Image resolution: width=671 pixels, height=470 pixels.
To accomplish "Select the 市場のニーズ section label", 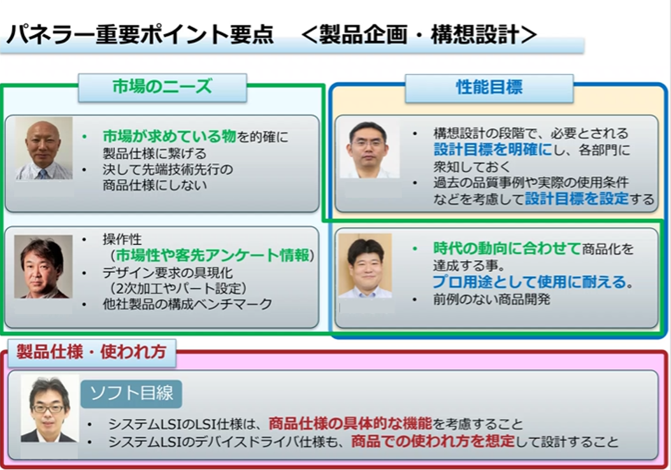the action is point(162,87).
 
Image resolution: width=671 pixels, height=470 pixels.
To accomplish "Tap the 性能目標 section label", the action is point(489,88).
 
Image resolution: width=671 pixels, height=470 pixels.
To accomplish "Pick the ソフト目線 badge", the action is point(131,394).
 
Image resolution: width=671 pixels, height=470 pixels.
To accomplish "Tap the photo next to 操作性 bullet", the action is point(43,267).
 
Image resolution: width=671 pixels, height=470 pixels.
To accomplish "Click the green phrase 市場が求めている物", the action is point(170,136).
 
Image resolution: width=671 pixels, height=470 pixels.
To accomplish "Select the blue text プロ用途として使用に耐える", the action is point(533,282).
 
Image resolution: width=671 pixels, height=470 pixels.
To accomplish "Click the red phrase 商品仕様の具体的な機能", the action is point(350,424).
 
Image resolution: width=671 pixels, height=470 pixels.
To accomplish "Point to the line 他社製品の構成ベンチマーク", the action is point(187,304).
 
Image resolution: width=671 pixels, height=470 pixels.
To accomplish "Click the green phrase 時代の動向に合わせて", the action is point(507,248).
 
